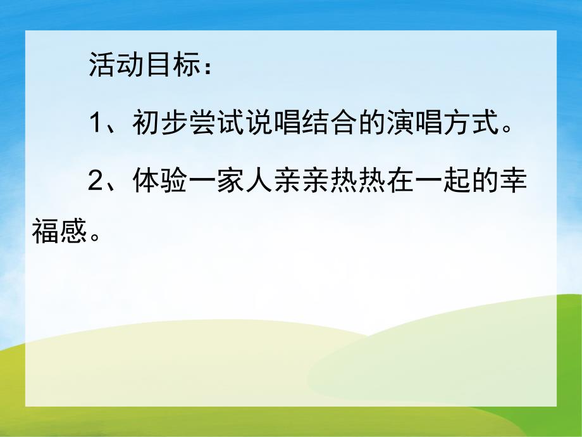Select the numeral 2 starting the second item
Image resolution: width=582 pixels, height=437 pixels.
[95, 180]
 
